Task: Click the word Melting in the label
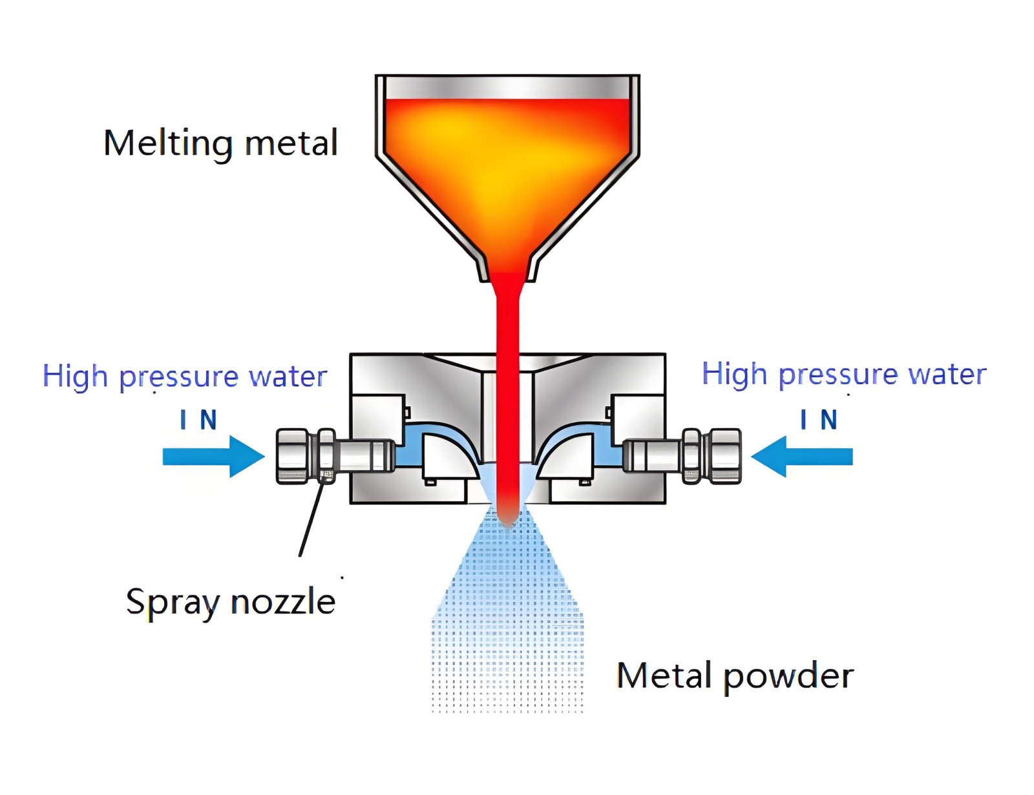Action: [167, 144]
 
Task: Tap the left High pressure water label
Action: [185, 376]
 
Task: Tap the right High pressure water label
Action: [843, 374]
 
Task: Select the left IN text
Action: [198, 420]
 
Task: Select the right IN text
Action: [818, 420]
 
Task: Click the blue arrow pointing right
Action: [213, 457]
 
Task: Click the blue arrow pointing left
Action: [802, 457]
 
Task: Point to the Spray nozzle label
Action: [231, 602]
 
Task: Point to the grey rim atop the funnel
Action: [507, 87]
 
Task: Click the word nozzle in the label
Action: [283, 602]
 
